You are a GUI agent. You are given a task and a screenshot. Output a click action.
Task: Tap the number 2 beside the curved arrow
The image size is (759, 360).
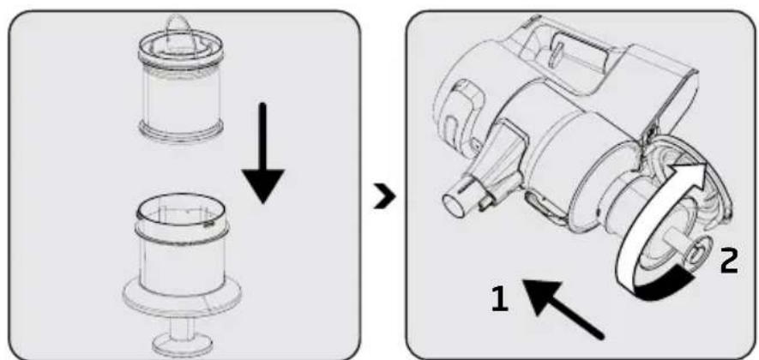(728, 261)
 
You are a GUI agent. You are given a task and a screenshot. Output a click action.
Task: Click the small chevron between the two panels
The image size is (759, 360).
(385, 197)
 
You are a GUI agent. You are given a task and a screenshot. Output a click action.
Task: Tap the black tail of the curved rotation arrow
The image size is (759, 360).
(664, 286)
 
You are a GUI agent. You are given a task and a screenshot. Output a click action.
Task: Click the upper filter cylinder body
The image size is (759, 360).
(182, 97)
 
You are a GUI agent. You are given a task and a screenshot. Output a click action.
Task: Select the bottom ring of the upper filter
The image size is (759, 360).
(182, 130)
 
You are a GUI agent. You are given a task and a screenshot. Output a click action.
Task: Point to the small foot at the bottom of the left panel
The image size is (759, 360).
(182, 344)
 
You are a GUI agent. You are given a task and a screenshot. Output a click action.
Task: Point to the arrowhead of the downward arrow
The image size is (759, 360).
(262, 187)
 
